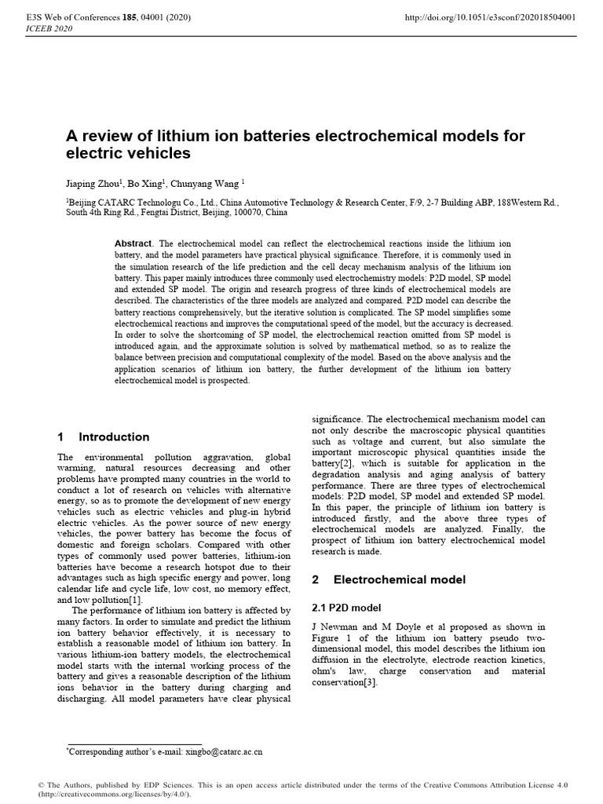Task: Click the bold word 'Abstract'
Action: tap(132, 244)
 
